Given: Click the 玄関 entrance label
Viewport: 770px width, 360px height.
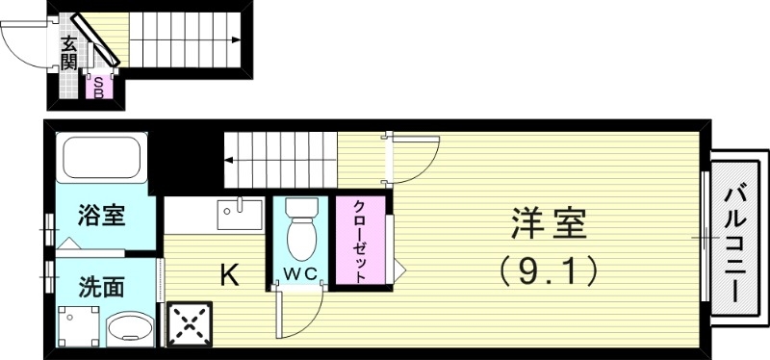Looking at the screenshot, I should [68, 53].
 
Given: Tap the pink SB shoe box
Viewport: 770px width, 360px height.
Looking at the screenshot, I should [98, 87].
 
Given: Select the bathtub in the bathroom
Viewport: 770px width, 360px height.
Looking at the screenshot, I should [101, 158].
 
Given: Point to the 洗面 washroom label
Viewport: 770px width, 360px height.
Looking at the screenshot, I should [100, 286].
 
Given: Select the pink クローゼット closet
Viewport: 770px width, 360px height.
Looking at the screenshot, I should [359, 242].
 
